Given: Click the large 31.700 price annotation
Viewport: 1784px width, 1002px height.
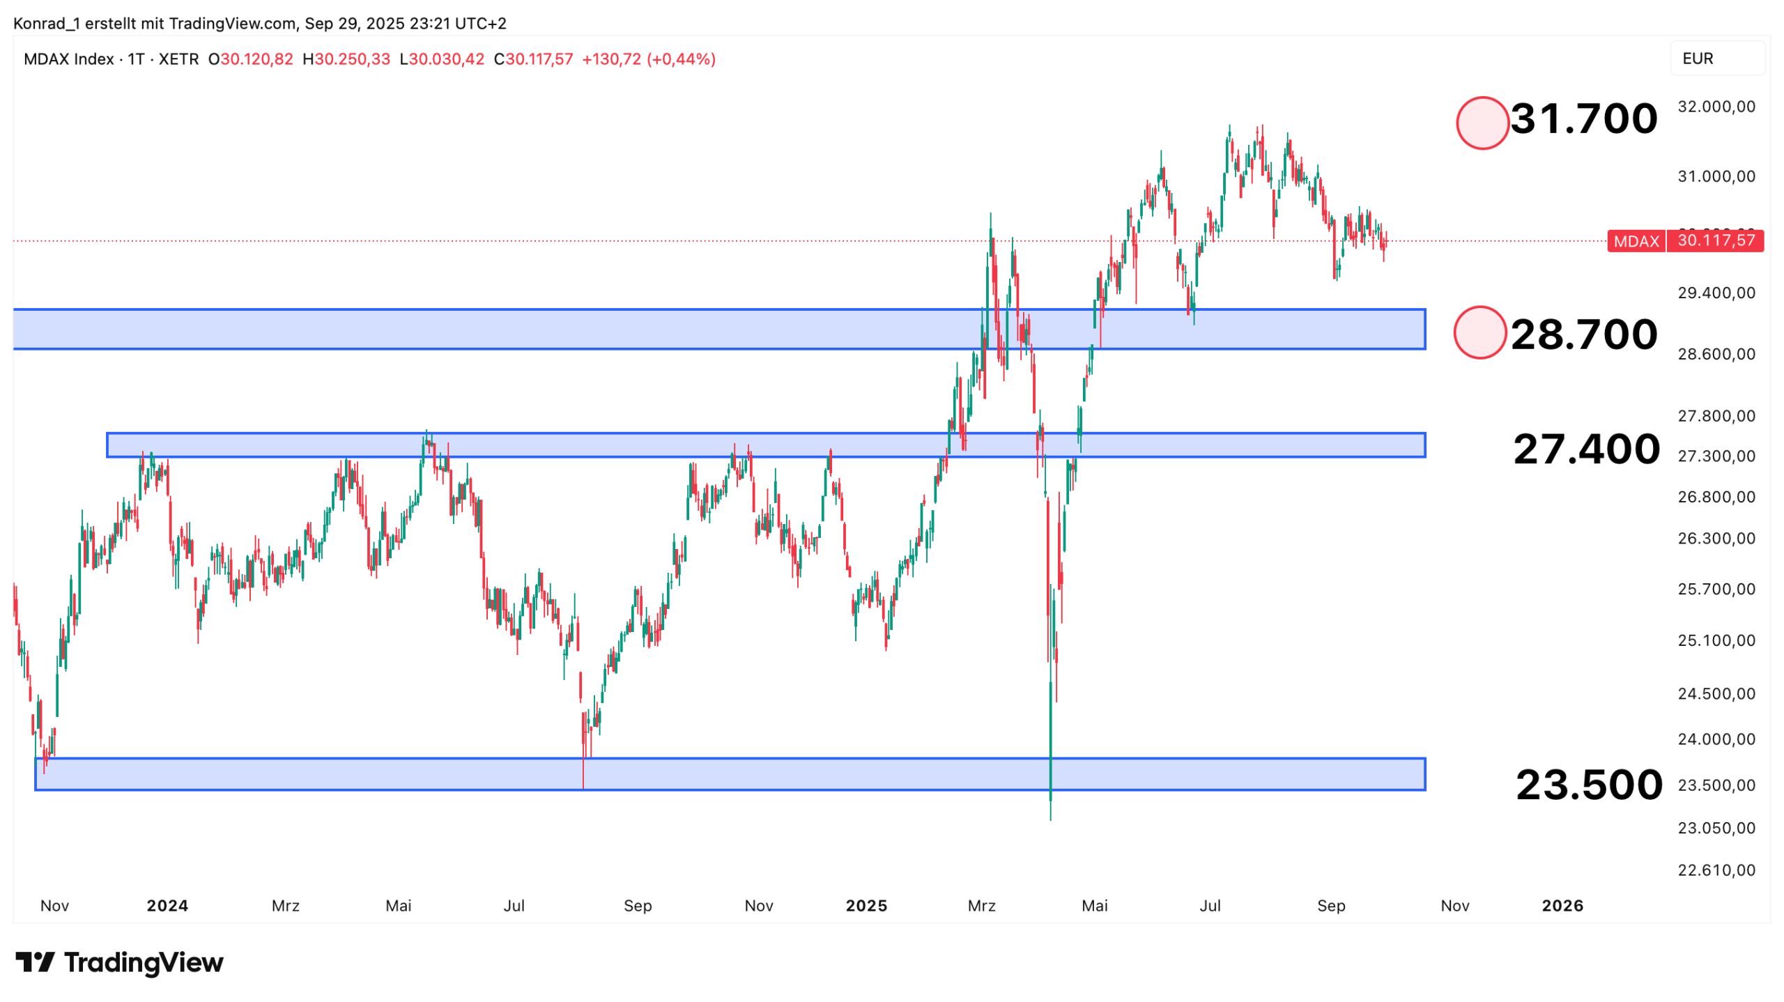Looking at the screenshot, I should pyautogui.click(x=1583, y=118).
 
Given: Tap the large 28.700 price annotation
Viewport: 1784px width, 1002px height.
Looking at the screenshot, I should pyautogui.click(x=1583, y=334).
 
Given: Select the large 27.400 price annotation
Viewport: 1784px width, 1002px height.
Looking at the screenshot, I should pyautogui.click(x=1585, y=449).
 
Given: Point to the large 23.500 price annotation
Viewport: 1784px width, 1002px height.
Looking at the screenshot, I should pyautogui.click(x=1588, y=785).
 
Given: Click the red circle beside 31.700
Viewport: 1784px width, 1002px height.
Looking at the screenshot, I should pyautogui.click(x=1482, y=123).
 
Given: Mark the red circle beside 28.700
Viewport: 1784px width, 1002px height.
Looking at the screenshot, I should pyautogui.click(x=1479, y=332).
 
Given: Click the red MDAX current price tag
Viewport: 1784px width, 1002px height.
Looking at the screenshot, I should pyautogui.click(x=1684, y=241).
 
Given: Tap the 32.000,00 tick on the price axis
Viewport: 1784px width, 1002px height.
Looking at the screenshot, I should pyautogui.click(x=1716, y=107).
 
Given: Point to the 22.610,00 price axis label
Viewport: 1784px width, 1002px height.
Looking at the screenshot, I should pyautogui.click(x=1716, y=870).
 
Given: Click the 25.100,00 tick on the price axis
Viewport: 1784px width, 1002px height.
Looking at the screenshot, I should pyautogui.click(x=1716, y=640).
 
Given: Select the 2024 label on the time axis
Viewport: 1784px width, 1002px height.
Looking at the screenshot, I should pyautogui.click(x=167, y=906).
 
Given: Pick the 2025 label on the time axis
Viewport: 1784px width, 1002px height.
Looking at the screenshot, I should pyautogui.click(x=866, y=906).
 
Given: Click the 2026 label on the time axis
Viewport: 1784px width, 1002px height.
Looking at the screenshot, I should pyautogui.click(x=1562, y=906).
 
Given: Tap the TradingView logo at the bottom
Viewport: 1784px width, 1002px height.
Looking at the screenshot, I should pyautogui.click(x=119, y=962).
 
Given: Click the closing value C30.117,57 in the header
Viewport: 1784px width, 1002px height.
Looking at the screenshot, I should pyautogui.click(x=533, y=59).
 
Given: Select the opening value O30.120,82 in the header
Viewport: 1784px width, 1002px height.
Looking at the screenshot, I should pyautogui.click(x=251, y=59).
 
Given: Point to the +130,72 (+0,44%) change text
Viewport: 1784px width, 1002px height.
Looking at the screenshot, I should pyautogui.click(x=649, y=59).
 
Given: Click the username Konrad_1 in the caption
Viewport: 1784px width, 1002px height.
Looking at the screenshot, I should pyautogui.click(x=47, y=24).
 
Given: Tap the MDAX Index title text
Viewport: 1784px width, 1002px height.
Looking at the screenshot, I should pyautogui.click(x=68, y=59).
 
